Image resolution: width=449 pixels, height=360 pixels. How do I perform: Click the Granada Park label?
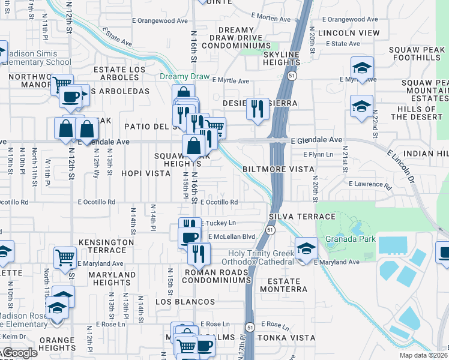click(351, 239)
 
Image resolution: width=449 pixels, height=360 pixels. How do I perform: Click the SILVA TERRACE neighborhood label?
click(302, 216)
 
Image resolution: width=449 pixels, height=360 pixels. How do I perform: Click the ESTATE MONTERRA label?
click(283, 285)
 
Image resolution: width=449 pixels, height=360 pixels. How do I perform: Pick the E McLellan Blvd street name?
click(232, 236)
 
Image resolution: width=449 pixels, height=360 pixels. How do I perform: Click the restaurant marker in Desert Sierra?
click(258, 109)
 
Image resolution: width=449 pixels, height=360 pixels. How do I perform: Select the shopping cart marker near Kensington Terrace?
click(65, 257)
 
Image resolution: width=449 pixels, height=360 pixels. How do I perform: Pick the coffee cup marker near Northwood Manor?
click(70, 96)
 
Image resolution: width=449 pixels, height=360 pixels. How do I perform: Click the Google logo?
click(20, 353)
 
